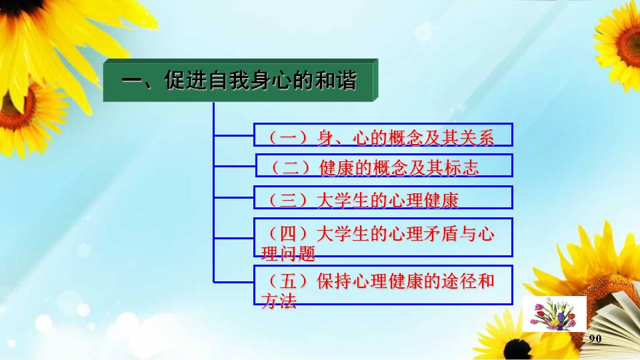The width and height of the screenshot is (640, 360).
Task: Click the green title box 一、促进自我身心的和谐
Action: pos(241,81)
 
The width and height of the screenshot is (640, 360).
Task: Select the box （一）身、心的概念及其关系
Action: pos(383,135)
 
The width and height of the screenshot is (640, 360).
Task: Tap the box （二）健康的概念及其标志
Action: pos(384,166)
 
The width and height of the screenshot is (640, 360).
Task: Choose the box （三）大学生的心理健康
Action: pos(383,197)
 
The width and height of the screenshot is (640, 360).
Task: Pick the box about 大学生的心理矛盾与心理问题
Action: pos(383,237)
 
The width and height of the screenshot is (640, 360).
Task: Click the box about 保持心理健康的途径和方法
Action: pos(383,285)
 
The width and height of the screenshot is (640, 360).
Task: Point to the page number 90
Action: pos(595,339)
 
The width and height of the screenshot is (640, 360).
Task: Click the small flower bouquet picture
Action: pos(554,314)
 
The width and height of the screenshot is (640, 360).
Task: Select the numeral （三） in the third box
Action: pos(287,200)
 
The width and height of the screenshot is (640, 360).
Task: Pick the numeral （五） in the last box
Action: pos(287,281)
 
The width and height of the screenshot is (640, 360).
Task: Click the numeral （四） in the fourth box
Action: pos(287,234)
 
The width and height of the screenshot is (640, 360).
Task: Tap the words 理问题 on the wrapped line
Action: pos(288,253)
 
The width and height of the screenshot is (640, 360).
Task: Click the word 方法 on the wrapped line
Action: pos(279,301)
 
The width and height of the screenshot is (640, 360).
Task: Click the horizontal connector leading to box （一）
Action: pos(234,135)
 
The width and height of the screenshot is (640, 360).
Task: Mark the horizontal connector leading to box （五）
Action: pos(234,281)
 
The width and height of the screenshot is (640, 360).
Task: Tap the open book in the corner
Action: pos(615,323)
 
